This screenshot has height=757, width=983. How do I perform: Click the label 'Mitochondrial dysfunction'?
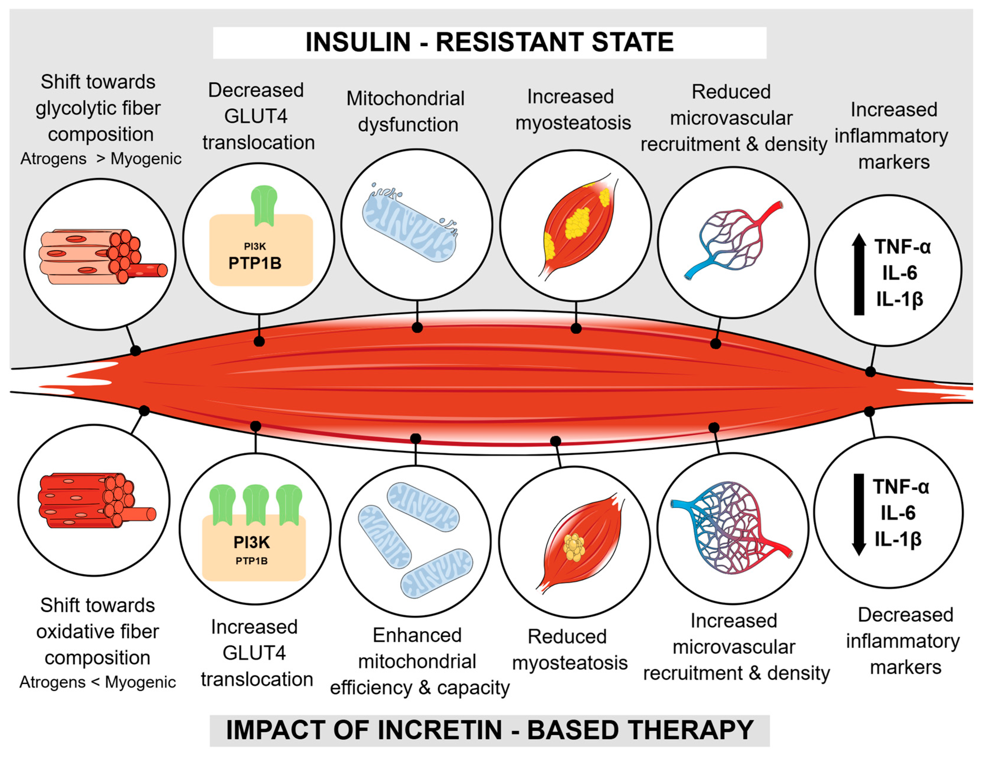click(406, 111)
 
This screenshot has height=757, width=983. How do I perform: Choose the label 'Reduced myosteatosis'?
click(570, 649)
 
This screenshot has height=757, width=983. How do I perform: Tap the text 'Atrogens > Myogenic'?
click(101, 159)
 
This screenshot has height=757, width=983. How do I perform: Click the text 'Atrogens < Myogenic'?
click(97, 682)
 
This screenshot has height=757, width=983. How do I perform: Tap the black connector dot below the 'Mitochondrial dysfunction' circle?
click(417, 327)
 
